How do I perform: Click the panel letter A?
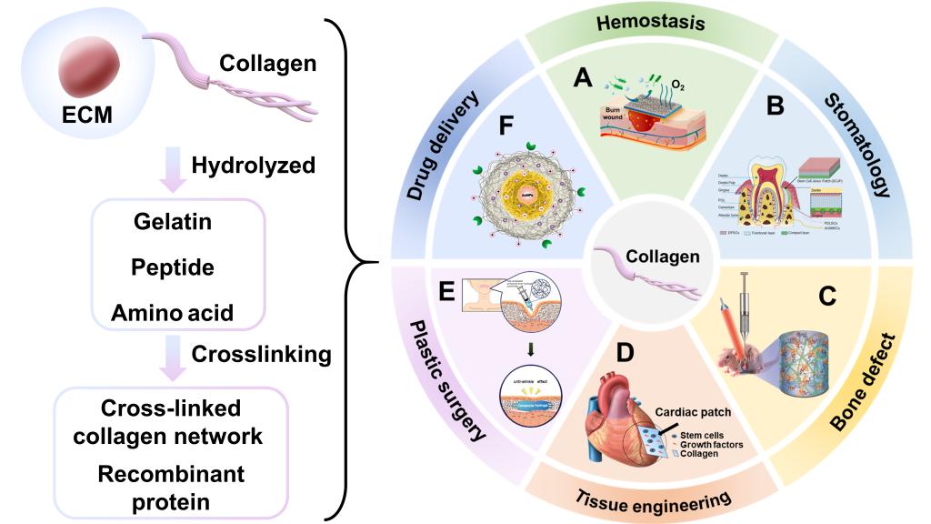(x=583, y=79)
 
